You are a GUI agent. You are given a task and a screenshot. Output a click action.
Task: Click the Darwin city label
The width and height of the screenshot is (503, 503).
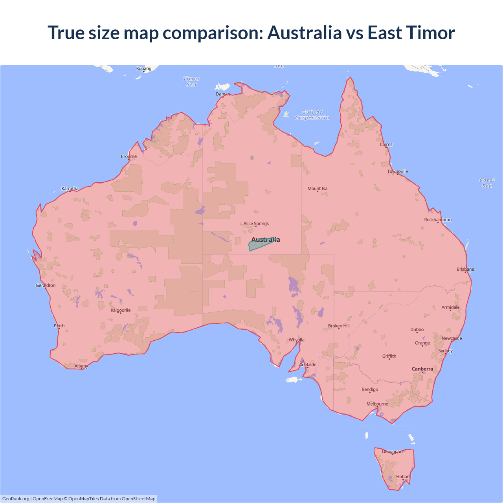223,94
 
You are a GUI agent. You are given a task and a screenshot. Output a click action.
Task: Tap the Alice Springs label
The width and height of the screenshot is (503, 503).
256,224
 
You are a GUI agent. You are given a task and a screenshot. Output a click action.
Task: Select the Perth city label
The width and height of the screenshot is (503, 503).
59,326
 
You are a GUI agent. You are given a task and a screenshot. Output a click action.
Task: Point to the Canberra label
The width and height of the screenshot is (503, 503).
422,369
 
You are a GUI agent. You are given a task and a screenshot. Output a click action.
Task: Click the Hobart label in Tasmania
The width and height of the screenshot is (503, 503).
403,477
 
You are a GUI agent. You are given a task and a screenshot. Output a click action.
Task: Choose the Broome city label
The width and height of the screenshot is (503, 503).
129,156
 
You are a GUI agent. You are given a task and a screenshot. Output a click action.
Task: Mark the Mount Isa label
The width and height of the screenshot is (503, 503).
318,189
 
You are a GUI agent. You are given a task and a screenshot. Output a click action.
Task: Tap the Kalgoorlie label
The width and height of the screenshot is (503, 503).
121,310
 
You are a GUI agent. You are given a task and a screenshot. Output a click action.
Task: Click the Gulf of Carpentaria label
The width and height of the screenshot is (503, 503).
312,115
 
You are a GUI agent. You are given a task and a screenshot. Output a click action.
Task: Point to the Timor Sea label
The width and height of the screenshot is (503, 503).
192,82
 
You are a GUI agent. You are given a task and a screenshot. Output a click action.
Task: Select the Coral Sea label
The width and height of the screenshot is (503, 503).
487,183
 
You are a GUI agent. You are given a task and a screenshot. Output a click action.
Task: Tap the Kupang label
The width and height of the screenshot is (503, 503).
144,69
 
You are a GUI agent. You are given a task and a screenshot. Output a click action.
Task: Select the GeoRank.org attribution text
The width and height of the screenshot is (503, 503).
16,499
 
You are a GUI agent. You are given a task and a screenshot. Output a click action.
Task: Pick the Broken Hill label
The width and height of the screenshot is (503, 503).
339,326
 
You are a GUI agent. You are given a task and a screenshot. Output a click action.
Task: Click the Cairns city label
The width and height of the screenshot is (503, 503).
386,145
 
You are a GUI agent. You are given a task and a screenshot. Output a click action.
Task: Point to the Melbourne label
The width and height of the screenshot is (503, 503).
377,404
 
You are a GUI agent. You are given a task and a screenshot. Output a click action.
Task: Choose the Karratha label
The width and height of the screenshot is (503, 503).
70,189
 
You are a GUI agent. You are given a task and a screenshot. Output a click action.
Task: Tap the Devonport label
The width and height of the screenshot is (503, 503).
393,452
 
